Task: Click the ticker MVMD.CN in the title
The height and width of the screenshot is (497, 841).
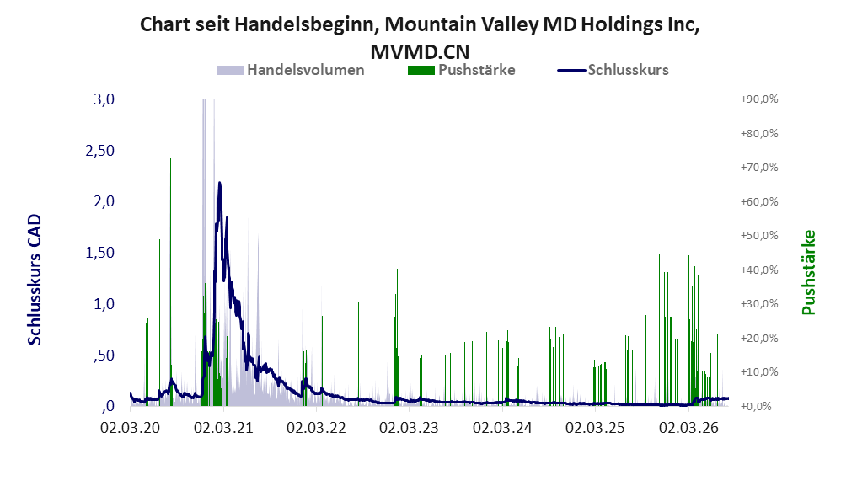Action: pos(420,52)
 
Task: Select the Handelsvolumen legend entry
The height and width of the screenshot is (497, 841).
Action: pos(291,70)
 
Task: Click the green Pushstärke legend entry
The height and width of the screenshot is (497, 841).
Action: pos(462,70)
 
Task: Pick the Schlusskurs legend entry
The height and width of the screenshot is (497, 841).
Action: pos(613,70)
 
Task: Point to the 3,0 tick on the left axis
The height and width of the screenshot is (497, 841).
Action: pos(104,99)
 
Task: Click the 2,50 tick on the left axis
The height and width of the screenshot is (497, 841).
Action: pos(100,151)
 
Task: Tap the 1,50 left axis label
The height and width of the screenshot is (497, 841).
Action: pos(100,253)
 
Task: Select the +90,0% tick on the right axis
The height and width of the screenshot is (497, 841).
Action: pos(759,99)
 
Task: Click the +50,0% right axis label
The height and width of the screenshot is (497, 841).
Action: pos(759,236)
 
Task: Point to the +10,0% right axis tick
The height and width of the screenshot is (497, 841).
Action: pos(759,372)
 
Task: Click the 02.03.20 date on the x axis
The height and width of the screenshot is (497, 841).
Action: pos(131,428)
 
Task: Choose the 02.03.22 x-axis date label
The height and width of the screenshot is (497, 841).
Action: pos(317,428)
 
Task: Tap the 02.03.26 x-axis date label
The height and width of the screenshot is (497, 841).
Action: pos(688,428)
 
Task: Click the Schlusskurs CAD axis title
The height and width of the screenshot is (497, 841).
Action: pos(35,280)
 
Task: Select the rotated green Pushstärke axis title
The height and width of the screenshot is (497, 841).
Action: pos(808,272)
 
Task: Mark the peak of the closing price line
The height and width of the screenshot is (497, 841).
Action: pos(219,183)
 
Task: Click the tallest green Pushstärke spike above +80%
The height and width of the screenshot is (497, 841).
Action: pos(303,130)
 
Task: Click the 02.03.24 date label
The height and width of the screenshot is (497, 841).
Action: pos(502,428)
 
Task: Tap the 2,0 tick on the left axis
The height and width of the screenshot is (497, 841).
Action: pos(104,201)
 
